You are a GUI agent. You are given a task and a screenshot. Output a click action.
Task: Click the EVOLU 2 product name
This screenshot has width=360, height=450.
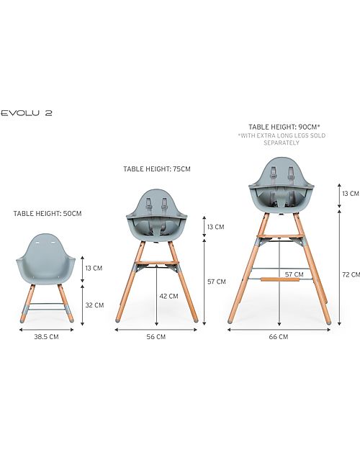27,113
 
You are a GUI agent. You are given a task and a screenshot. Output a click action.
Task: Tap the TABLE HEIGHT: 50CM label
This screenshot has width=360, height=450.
48,213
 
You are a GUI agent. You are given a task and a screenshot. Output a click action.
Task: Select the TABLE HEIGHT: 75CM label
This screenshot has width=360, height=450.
157,169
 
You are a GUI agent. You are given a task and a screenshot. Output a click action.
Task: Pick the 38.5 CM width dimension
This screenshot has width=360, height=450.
45,336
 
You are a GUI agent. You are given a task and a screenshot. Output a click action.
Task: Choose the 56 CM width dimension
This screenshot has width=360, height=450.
156,336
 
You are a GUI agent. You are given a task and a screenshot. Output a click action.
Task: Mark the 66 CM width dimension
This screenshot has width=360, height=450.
279,336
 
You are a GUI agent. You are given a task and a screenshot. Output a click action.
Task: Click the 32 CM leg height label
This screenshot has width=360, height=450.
94,305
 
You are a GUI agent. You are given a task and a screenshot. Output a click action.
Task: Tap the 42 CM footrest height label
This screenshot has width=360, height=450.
168,295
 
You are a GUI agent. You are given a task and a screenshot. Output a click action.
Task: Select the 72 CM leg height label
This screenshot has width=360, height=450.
350,274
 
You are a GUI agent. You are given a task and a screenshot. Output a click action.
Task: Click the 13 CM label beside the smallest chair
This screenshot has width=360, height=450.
94,268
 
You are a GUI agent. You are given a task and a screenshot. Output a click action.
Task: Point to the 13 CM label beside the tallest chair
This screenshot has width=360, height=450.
350,193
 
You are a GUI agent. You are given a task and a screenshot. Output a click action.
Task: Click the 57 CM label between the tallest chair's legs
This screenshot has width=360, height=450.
293,274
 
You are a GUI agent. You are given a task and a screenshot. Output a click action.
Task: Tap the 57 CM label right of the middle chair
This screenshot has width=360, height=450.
216,282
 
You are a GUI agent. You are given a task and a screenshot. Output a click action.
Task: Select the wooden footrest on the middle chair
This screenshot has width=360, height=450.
157,262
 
